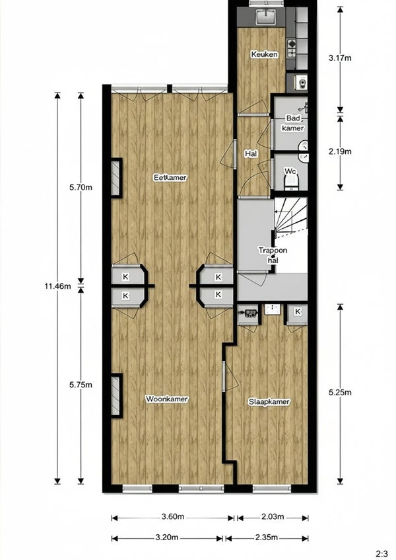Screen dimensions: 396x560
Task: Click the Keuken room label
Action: (x=264, y=54)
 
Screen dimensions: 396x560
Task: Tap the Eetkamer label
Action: (x=170, y=177)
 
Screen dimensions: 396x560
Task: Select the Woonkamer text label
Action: (x=166, y=399)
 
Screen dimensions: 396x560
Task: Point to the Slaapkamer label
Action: (x=269, y=402)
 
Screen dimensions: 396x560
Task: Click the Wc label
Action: (x=290, y=171)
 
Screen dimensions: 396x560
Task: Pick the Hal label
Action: (x=251, y=153)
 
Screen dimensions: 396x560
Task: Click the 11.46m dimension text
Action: (x=57, y=286)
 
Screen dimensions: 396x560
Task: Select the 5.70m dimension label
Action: (x=81, y=187)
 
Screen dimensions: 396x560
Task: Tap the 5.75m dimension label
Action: (x=81, y=385)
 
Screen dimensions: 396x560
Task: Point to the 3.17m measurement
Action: (x=340, y=57)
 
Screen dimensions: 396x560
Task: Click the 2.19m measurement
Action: (x=340, y=151)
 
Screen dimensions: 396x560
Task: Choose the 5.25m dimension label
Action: (x=340, y=393)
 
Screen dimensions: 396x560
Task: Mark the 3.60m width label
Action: (x=173, y=516)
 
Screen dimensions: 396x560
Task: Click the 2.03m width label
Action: (x=273, y=516)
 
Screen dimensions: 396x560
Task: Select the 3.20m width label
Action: (x=167, y=537)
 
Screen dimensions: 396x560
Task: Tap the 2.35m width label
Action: (x=267, y=537)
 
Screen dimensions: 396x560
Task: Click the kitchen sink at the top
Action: (x=265, y=16)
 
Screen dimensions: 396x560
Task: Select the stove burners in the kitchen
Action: (x=292, y=48)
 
